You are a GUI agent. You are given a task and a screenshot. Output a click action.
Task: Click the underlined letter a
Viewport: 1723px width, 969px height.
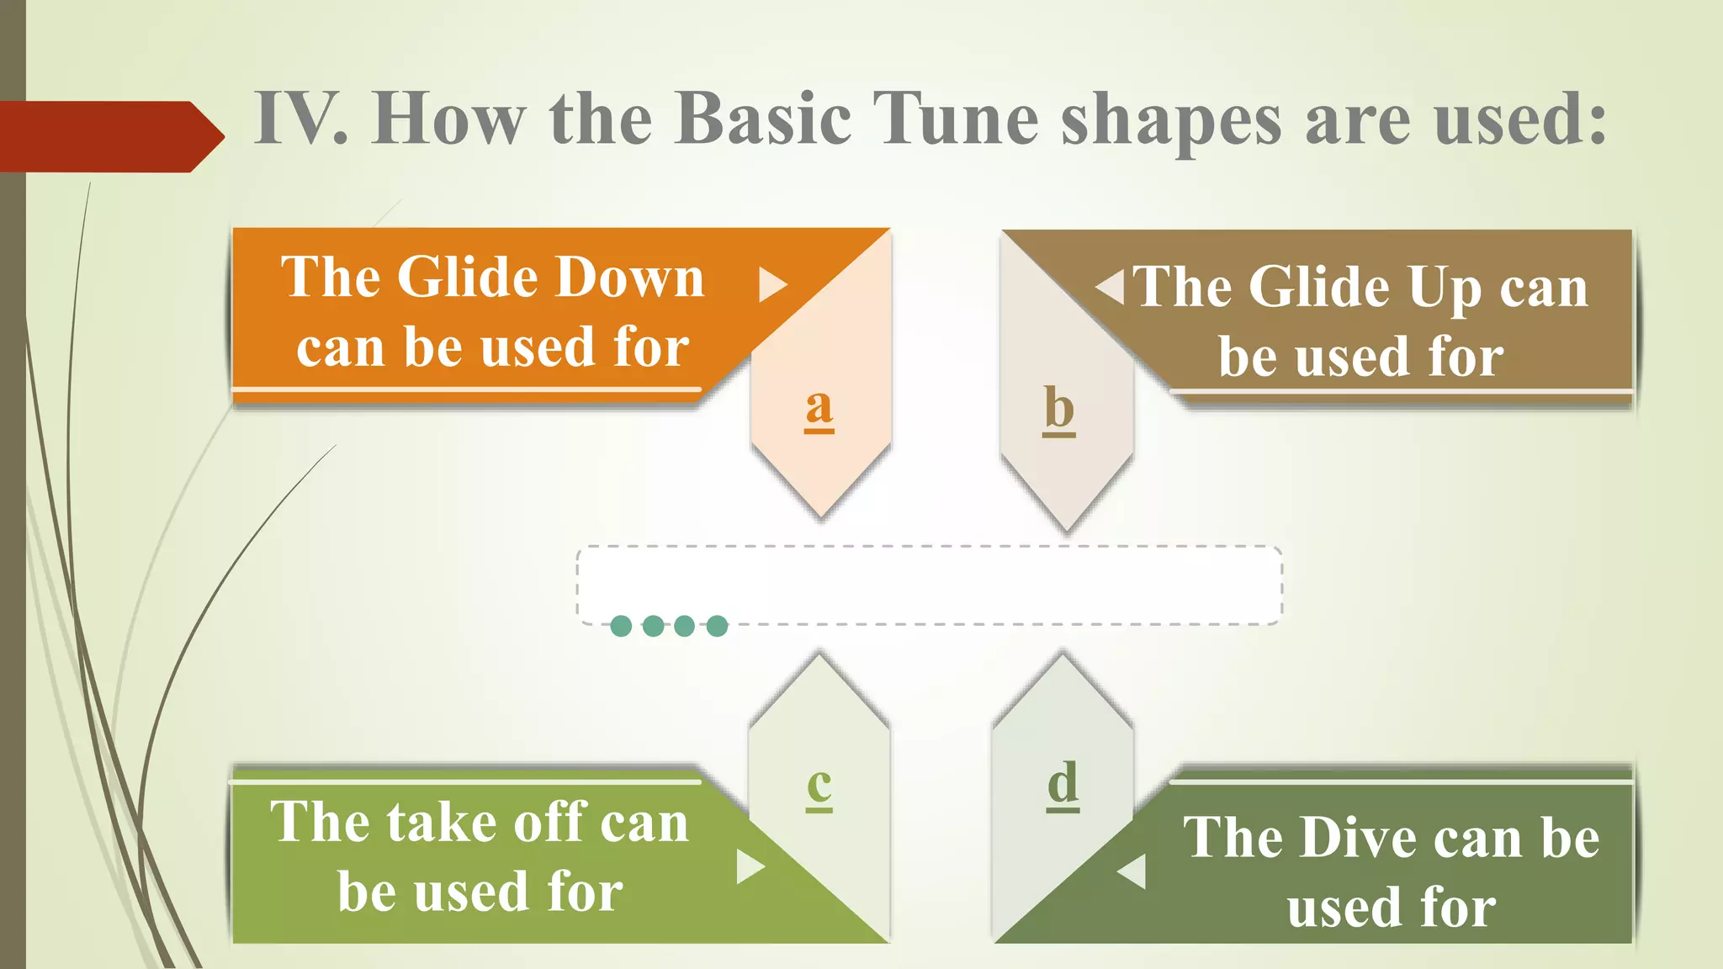(819, 409)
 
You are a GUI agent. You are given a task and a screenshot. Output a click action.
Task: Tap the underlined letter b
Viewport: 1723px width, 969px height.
(1059, 410)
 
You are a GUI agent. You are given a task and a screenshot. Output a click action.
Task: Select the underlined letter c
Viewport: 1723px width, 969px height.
(819, 786)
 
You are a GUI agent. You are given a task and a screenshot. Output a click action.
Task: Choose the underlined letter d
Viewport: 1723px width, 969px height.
(1063, 784)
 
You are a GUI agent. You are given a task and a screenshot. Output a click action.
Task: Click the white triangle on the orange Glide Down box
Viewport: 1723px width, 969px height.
(771, 284)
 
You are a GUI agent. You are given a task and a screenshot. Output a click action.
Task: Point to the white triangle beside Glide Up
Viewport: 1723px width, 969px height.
(1111, 287)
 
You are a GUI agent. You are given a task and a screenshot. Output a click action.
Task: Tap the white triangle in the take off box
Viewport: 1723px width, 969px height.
(749, 866)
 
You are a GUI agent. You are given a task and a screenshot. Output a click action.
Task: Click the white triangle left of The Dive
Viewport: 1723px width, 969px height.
(1133, 871)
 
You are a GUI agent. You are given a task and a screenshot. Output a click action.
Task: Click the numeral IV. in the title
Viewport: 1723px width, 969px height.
(300, 119)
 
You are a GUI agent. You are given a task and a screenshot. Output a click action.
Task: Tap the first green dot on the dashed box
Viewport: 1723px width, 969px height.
(621, 626)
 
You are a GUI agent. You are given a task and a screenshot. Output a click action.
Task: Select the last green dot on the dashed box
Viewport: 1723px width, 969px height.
(717, 626)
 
